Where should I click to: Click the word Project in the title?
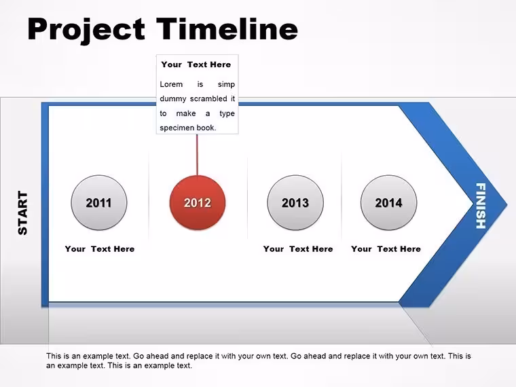[86, 31]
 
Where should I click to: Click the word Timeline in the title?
[227, 29]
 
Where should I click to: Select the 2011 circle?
[99, 203]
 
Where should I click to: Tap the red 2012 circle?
[198, 203]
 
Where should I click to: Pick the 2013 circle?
[295, 203]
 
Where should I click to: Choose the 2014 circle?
[388, 203]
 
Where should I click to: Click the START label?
[22, 213]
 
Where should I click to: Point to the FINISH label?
[481, 206]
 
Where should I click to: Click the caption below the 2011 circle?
[100, 248]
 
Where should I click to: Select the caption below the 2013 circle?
[298, 248]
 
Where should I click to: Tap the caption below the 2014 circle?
[386, 248]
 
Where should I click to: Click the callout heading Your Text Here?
[196, 64]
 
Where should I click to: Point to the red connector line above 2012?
[197, 155]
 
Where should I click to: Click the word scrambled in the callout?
[208, 98]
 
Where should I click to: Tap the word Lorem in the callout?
[171, 84]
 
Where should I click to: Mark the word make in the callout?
[186, 113]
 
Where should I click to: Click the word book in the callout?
[206, 128]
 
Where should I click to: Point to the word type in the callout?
[227, 114]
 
